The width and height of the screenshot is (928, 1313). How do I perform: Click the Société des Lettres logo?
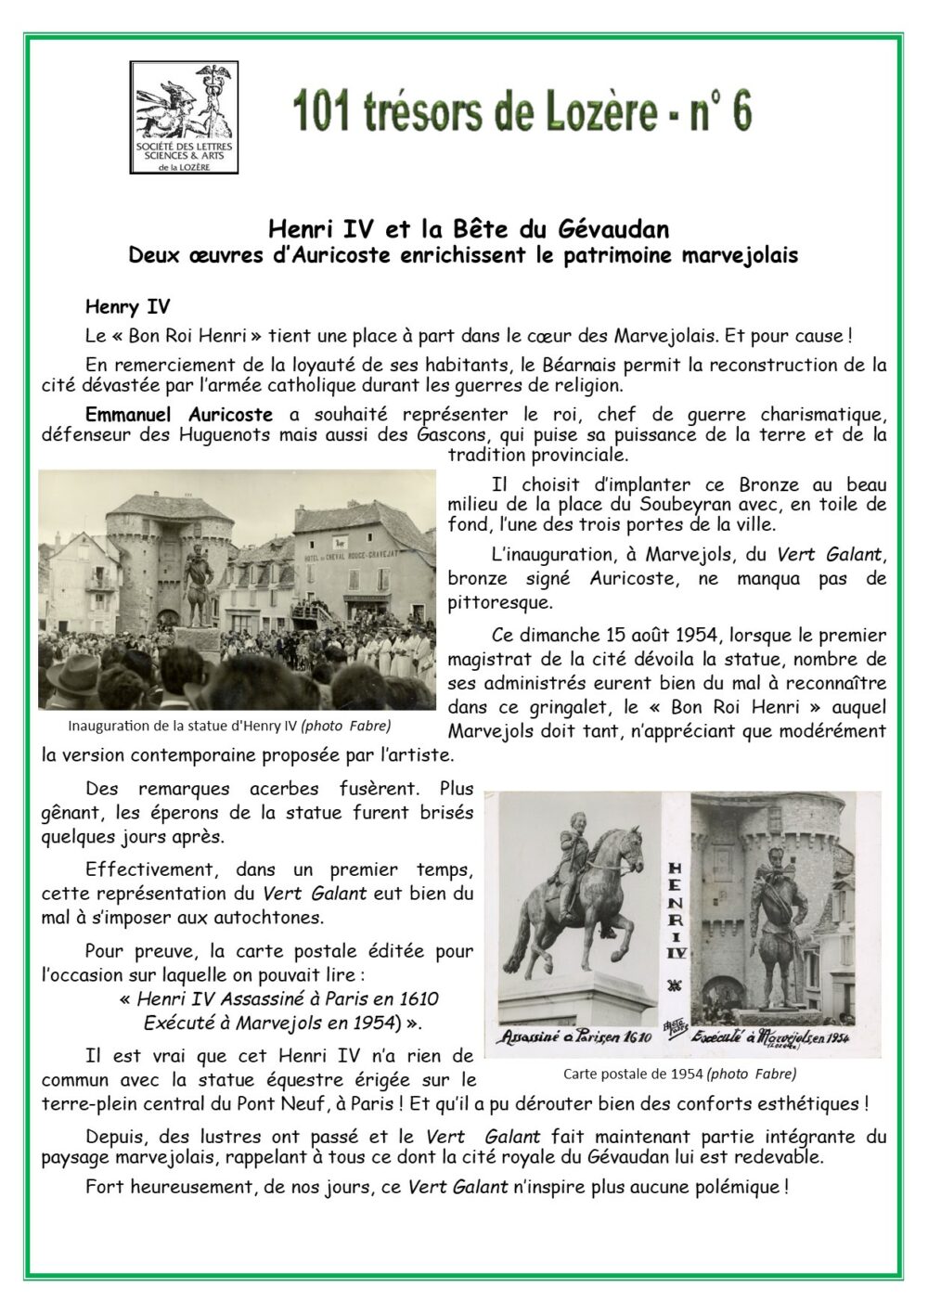pyautogui.click(x=186, y=117)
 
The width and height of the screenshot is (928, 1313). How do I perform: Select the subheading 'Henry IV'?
pyautogui.click(x=127, y=305)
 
